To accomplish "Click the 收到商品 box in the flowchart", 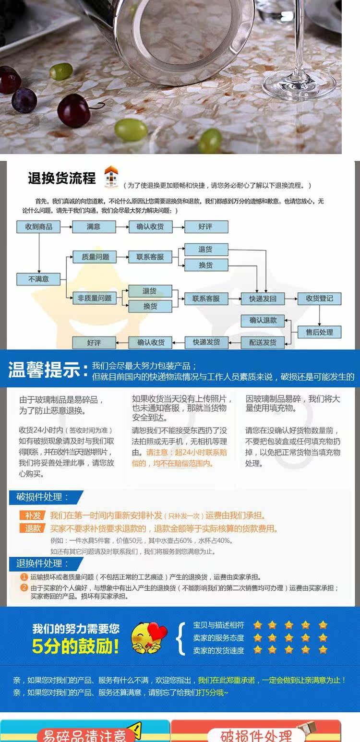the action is pyautogui.click(x=38, y=227).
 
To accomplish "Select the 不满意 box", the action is pyautogui.click(x=38, y=279).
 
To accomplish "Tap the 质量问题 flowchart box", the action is pyautogui.click(x=94, y=257).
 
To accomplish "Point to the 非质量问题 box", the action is pyautogui.click(x=94, y=298).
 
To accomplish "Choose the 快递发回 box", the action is pyautogui.click(x=263, y=298).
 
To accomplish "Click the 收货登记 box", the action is pyautogui.click(x=319, y=298).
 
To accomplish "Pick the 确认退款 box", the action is pyautogui.click(x=263, y=321).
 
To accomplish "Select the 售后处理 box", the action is pyautogui.click(x=319, y=332).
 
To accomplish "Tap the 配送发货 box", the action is pyautogui.click(x=263, y=342).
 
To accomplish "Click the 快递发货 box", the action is pyautogui.click(x=206, y=342).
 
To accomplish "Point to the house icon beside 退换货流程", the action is pyautogui.click(x=111, y=177).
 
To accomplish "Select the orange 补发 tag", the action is pyautogui.click(x=33, y=516).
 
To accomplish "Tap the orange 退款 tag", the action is pyautogui.click(x=33, y=528).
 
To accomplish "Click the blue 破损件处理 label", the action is pyautogui.click(x=43, y=497).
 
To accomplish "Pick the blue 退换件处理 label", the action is pyautogui.click(x=43, y=563).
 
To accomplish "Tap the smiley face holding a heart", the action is pyautogui.click(x=149, y=637).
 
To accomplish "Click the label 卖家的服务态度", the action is pyautogui.click(x=218, y=638).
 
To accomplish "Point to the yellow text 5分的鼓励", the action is pyautogui.click(x=75, y=646).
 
